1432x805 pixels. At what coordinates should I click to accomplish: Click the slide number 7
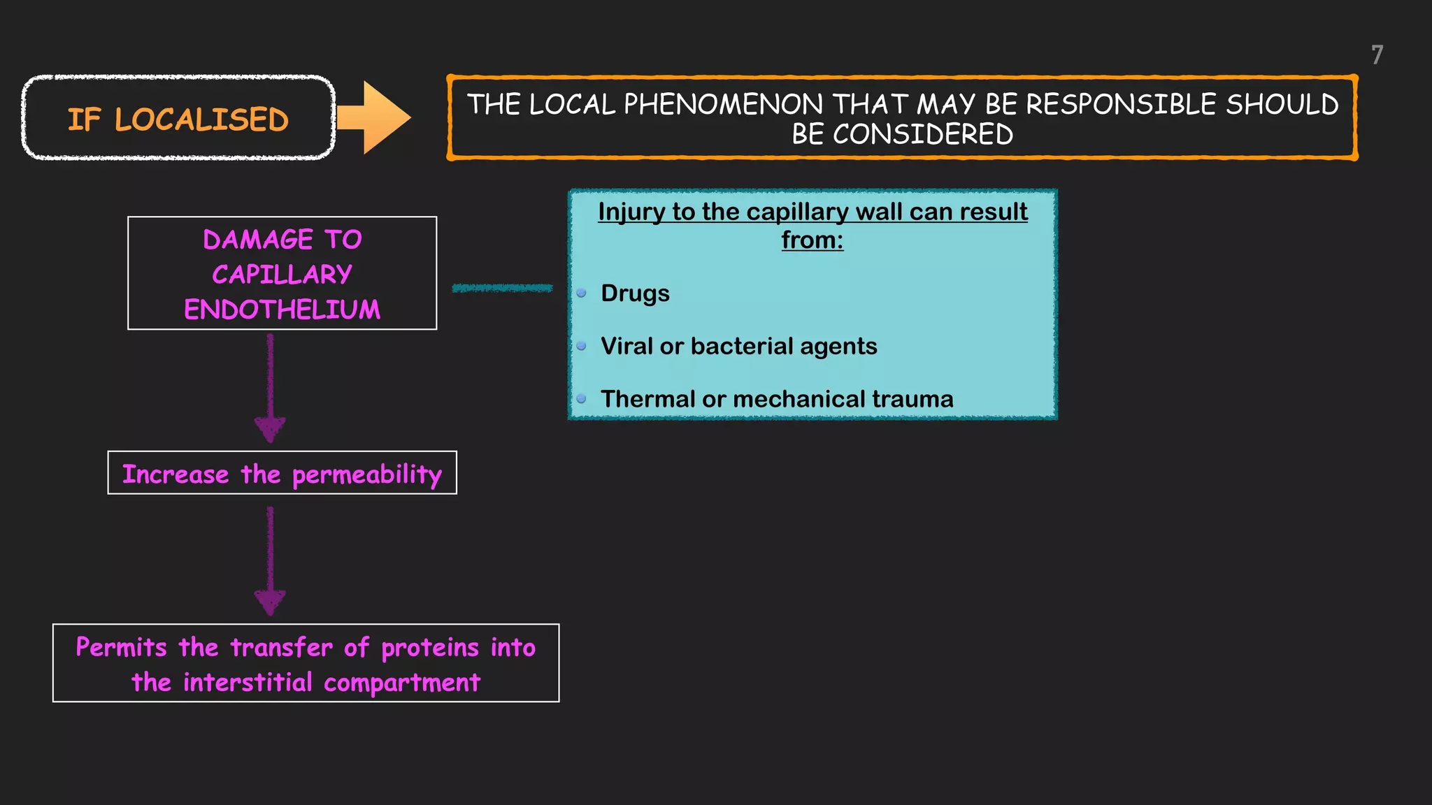pyautogui.click(x=1377, y=55)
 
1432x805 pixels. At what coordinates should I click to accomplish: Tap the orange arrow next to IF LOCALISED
pyautogui.click(x=374, y=117)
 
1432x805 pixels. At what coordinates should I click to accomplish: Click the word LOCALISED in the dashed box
pyautogui.click(x=201, y=120)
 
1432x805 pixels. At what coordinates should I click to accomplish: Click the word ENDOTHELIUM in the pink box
pyautogui.click(x=282, y=310)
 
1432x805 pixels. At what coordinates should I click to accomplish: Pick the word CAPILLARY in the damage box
pyautogui.click(x=282, y=275)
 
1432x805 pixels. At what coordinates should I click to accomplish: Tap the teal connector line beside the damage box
pyautogui.click(x=502, y=288)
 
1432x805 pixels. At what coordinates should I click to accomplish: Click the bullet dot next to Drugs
pyautogui.click(x=581, y=293)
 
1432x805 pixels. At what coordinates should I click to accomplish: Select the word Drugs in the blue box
pyautogui.click(x=635, y=293)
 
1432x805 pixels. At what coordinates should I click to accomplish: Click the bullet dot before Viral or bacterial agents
pyautogui.click(x=581, y=346)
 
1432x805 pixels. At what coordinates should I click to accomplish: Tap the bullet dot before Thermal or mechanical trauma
pyautogui.click(x=581, y=399)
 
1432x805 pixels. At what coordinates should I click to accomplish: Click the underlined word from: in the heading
pyautogui.click(x=812, y=240)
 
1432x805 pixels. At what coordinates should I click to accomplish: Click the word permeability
pyautogui.click(x=367, y=475)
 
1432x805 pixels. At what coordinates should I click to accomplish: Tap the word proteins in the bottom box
pyautogui.click(x=430, y=648)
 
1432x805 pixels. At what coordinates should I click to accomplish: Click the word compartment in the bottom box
pyautogui.click(x=402, y=683)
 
